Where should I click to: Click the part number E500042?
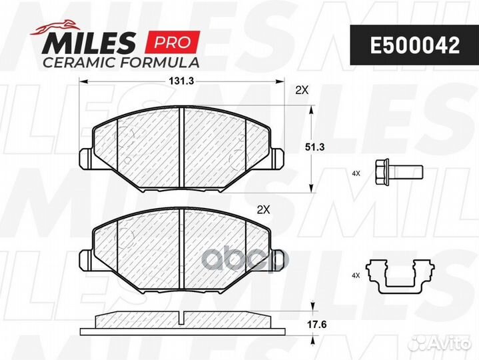tap(415, 45)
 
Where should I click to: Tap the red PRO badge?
tap(173, 42)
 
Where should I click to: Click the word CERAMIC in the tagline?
tap(79, 63)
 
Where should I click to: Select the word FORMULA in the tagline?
tap(159, 63)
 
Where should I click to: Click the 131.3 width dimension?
tap(181, 81)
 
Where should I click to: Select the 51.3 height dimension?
tap(314, 147)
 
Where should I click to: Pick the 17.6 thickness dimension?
tap(317, 325)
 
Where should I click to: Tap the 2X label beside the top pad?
tap(302, 90)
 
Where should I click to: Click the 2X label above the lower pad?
tap(263, 209)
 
